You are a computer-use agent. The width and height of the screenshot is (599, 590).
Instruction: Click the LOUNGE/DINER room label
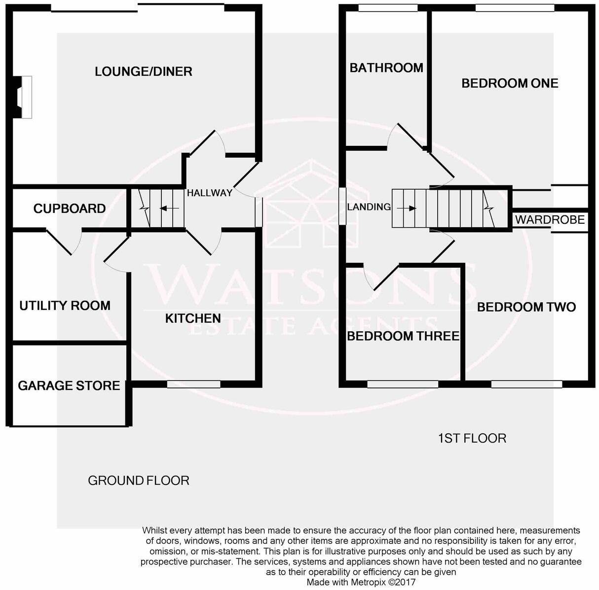click(x=143, y=71)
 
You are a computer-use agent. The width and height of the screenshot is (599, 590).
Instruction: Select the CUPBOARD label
click(x=70, y=208)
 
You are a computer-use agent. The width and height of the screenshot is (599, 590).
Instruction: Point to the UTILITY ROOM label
click(x=65, y=306)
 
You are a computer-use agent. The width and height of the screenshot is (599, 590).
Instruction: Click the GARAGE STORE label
click(x=69, y=385)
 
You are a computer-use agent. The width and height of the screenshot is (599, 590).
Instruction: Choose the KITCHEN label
click(x=193, y=318)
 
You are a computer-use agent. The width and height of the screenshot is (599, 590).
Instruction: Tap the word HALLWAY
click(x=209, y=193)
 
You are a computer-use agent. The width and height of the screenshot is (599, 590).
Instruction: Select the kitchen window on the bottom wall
click(x=193, y=384)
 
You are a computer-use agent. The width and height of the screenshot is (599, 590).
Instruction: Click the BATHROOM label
click(x=386, y=68)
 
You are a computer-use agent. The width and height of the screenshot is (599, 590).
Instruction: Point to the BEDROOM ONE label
click(x=510, y=83)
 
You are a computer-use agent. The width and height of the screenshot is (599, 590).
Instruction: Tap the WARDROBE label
click(x=550, y=219)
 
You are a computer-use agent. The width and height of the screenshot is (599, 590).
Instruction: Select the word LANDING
click(x=369, y=207)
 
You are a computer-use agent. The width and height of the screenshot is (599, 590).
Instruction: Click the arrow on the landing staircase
click(x=406, y=208)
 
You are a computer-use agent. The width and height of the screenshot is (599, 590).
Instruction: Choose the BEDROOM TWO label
click(x=526, y=307)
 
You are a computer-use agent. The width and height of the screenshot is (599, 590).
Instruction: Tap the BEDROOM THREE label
click(x=403, y=336)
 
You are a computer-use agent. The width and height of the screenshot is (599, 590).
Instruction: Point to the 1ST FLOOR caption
click(x=472, y=438)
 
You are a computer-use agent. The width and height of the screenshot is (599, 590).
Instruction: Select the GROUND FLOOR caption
click(x=139, y=481)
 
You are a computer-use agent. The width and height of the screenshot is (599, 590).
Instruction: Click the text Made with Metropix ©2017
click(x=361, y=582)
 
